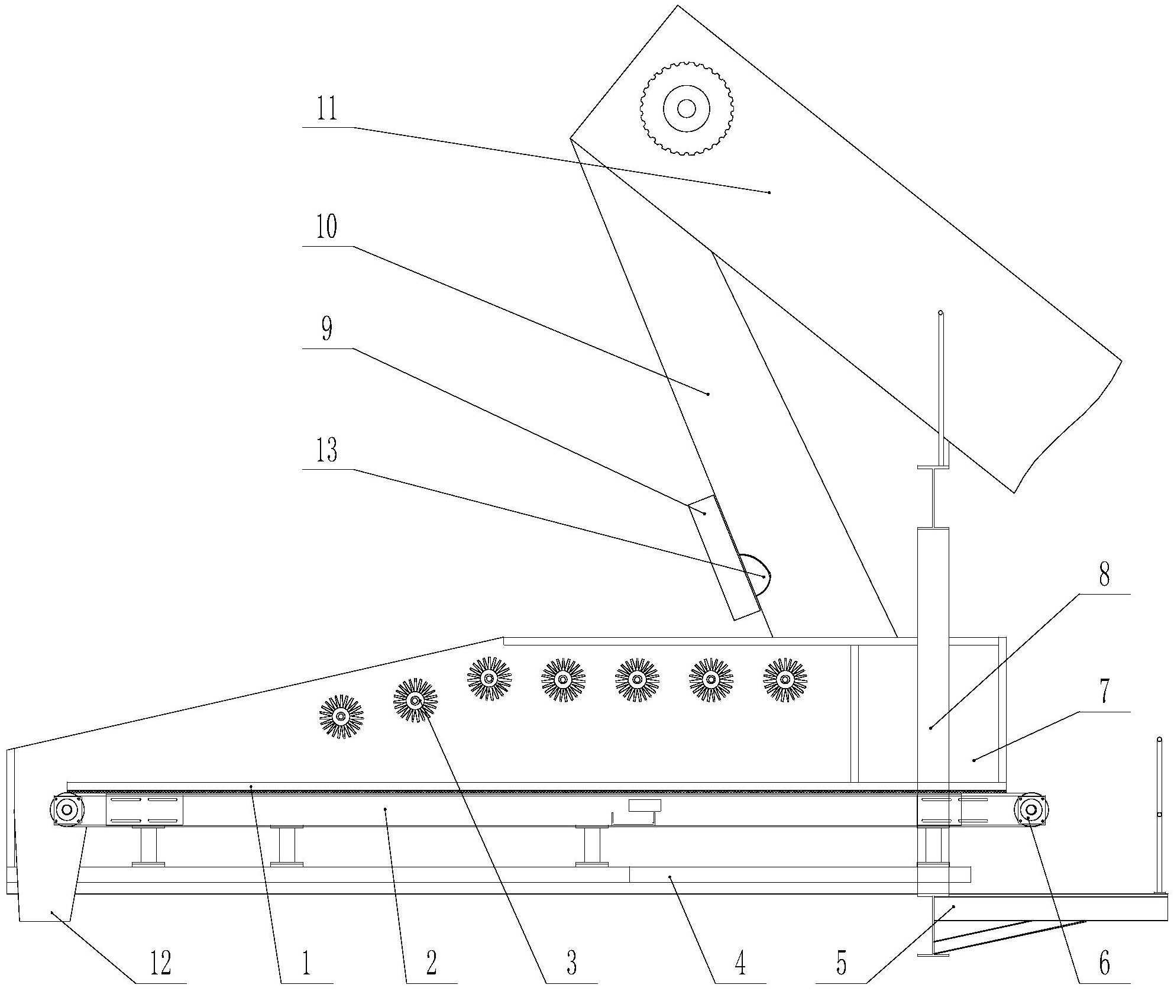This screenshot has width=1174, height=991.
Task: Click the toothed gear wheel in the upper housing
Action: [686, 108]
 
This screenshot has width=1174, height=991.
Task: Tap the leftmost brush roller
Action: [341, 716]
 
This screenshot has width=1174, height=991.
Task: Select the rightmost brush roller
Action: [785, 680]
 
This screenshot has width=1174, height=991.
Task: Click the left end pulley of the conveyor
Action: [67, 809]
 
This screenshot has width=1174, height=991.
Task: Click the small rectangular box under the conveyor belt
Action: [644, 805]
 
